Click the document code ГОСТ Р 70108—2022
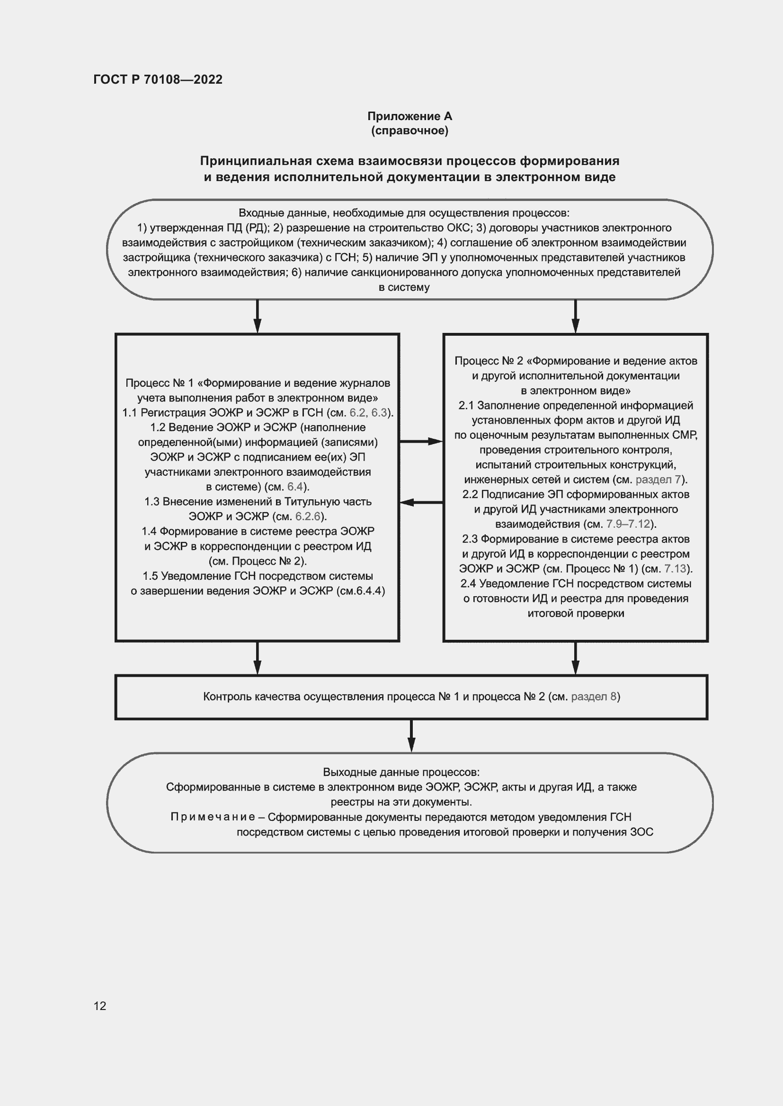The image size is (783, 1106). pos(158,79)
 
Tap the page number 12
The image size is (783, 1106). pos(100,1006)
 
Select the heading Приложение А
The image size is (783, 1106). pos(409,116)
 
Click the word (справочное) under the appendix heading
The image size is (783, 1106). pos(409,131)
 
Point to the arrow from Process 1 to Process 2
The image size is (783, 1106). pos(421,441)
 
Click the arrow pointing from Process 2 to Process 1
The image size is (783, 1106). pos(421,503)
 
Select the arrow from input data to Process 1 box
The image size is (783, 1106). pos(258,316)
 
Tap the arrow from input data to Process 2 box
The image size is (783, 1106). pos(575,316)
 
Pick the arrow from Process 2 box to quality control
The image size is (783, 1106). pos(575,658)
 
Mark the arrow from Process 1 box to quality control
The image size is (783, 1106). pos(258,658)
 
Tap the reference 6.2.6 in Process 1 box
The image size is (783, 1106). pos(308,516)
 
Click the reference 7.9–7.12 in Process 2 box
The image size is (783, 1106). pos(628,524)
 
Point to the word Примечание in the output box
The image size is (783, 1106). pos(213,817)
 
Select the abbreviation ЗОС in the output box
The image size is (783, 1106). pos(641,832)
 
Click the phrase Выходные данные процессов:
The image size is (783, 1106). pos(401,772)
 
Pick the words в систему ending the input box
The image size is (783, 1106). pos(404,287)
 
